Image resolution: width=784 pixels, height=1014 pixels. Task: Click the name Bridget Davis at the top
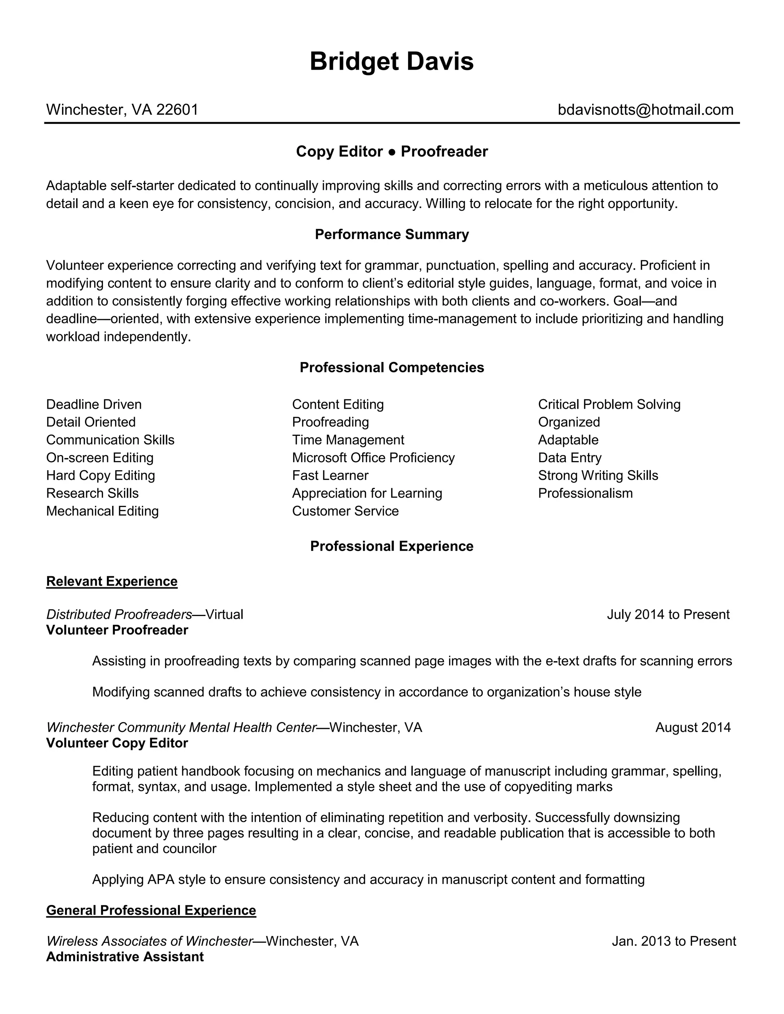pyautogui.click(x=392, y=62)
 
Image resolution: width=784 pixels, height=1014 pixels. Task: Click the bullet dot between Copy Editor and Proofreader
pyautogui.click(x=392, y=152)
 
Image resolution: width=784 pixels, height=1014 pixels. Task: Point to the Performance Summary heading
pyautogui.click(x=392, y=235)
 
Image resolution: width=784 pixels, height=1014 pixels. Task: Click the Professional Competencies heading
pyautogui.click(x=392, y=368)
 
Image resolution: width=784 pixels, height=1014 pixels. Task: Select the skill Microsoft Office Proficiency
pyautogui.click(x=373, y=458)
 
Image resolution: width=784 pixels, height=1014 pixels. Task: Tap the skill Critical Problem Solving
pyautogui.click(x=609, y=404)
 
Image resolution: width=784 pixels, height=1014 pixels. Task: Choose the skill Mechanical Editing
pyautogui.click(x=102, y=511)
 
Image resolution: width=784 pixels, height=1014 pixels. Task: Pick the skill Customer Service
pyautogui.click(x=345, y=511)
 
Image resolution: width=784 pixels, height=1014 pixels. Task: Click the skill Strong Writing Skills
pyautogui.click(x=598, y=475)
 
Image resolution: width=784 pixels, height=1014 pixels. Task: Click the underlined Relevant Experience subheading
pyautogui.click(x=111, y=582)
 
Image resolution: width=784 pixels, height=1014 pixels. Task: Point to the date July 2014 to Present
pyautogui.click(x=668, y=615)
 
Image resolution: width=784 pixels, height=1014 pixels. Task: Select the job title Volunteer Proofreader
pyautogui.click(x=117, y=631)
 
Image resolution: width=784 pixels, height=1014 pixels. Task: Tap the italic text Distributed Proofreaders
pyautogui.click(x=119, y=615)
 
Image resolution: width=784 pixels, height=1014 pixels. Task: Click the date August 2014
pyautogui.click(x=693, y=727)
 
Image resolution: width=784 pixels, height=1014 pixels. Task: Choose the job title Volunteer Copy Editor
pyautogui.click(x=117, y=743)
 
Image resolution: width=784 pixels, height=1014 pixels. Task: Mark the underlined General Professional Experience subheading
pyautogui.click(x=151, y=910)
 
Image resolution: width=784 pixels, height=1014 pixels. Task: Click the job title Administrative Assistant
pyautogui.click(x=124, y=957)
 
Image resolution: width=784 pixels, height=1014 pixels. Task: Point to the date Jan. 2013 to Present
pyautogui.click(x=673, y=941)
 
